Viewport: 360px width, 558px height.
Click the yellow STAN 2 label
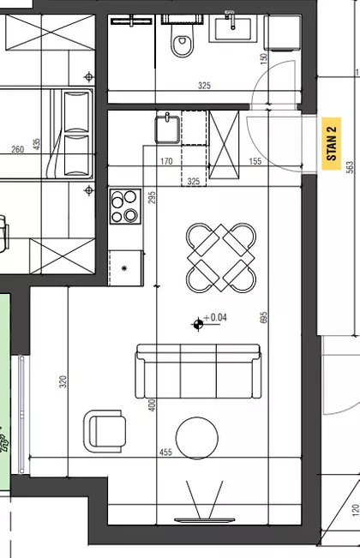point(331,143)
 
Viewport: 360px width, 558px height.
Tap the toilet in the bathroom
point(183,40)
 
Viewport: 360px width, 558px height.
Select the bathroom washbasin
point(233,28)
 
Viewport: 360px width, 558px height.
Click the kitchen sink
point(167,129)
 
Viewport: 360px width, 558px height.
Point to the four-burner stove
point(125,207)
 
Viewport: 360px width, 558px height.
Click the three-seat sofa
point(198,371)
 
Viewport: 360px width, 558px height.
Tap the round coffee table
point(197,438)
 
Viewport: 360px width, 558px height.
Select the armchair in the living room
point(105,431)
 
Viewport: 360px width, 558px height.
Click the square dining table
point(221,258)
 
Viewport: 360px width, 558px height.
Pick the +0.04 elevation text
point(215,317)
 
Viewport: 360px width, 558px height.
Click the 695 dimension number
point(264,317)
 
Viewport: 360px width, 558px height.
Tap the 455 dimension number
point(165,453)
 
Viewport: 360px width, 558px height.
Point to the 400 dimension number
point(152,405)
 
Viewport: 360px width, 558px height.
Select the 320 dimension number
point(63,381)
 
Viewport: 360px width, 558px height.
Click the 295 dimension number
point(152,197)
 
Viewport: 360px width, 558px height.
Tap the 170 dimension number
point(166,161)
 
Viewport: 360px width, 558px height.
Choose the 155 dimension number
point(255,161)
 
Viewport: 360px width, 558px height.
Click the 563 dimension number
point(350,167)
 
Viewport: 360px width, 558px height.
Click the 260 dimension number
point(17,149)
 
